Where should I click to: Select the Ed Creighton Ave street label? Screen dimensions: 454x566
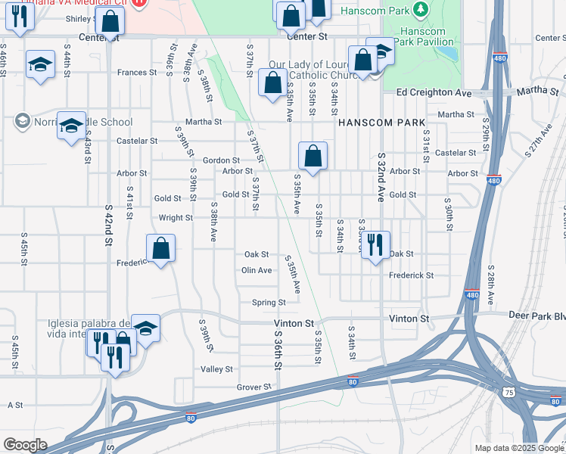(434, 92)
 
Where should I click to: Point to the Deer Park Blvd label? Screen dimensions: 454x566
(540, 318)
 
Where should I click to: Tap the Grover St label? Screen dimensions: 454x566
(253, 387)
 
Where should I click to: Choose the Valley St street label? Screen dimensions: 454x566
(216, 368)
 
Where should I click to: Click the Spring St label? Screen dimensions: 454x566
(268, 303)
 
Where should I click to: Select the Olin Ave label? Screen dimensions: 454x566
(256, 270)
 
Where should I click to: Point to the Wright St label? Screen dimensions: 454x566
(176, 217)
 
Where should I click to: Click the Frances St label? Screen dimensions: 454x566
(136, 73)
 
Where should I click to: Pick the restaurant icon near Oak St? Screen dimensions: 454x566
(375, 244)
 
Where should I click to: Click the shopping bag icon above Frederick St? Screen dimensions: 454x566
(160, 247)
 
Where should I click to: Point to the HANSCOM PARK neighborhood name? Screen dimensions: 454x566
(381, 122)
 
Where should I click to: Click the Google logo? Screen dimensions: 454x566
(25, 445)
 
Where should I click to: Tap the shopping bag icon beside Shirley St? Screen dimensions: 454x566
(110, 22)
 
